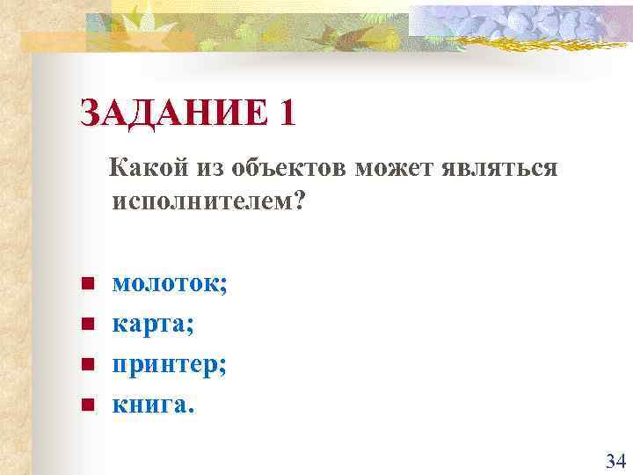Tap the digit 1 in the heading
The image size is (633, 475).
[x=285, y=113]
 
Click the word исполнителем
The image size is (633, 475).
[x=201, y=201]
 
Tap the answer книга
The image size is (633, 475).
[x=150, y=406]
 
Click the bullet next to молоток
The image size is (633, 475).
[x=87, y=284]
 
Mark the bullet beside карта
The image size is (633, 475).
[x=87, y=325]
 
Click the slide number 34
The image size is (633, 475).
[x=615, y=460]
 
